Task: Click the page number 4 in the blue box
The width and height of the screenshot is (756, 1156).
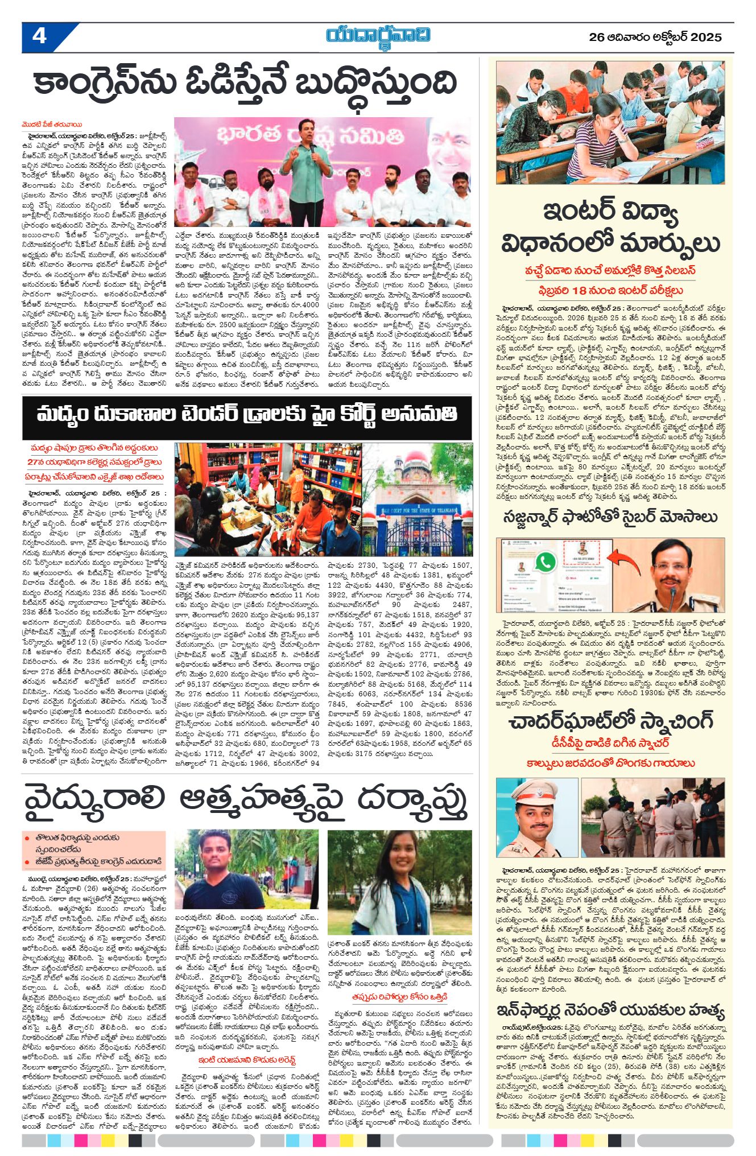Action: click(x=39, y=37)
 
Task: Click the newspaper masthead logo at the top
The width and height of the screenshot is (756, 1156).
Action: click(x=378, y=36)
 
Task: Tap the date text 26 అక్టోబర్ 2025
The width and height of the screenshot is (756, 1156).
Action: click(x=655, y=38)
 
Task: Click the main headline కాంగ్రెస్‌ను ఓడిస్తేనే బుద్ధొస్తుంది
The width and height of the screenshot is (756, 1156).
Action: click(x=245, y=83)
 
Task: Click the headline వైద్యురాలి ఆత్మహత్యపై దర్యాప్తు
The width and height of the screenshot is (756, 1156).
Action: click(x=246, y=802)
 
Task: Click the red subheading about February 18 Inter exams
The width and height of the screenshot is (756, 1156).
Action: click(x=610, y=290)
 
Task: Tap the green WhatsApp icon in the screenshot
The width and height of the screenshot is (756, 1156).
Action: click(x=546, y=562)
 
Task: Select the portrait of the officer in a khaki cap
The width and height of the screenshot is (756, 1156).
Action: click(x=535, y=817)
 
